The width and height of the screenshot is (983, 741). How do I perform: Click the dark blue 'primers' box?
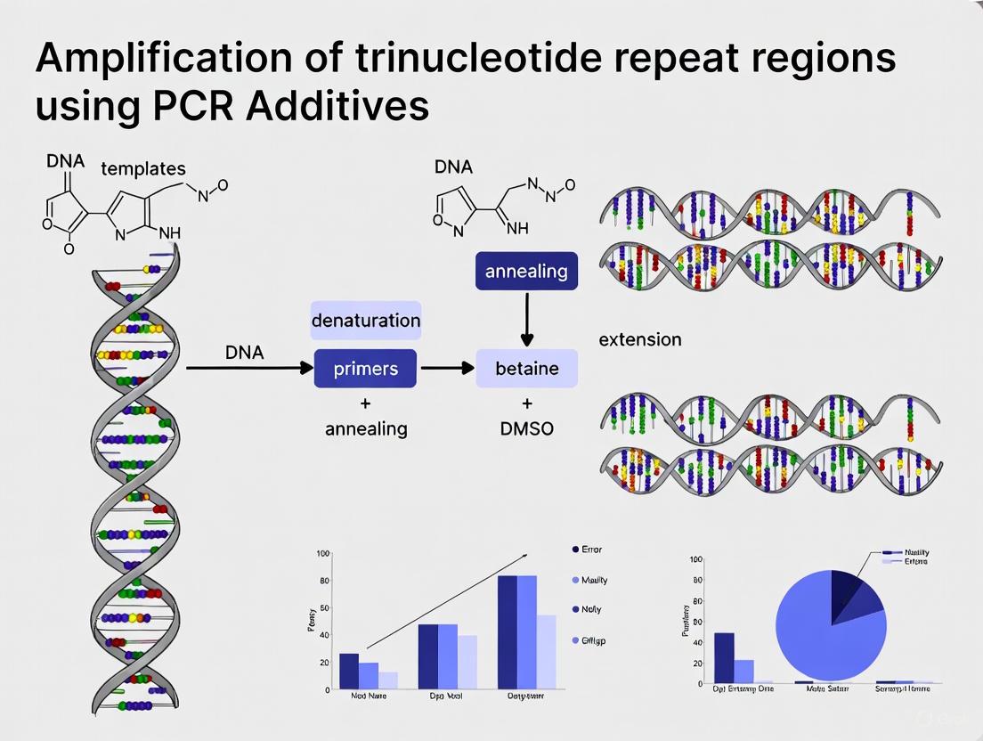click(x=365, y=369)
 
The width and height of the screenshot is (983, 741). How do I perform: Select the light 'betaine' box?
click(x=526, y=369)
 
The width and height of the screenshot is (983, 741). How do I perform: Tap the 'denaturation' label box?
click(x=365, y=320)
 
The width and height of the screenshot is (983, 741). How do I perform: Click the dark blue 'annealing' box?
click(x=526, y=271)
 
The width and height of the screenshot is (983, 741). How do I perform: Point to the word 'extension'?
click(x=639, y=339)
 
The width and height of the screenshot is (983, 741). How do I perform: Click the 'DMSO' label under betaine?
click(x=526, y=428)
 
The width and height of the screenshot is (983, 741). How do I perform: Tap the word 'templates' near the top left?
click(x=143, y=168)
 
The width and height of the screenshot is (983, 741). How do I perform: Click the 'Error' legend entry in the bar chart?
click(x=590, y=550)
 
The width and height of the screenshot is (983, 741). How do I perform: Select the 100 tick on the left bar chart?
click(x=323, y=554)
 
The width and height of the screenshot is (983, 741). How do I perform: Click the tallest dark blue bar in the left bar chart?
click(x=508, y=632)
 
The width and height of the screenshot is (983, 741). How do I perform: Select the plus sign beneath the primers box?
click(x=365, y=403)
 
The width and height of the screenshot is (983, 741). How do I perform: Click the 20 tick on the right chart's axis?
click(x=696, y=662)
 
